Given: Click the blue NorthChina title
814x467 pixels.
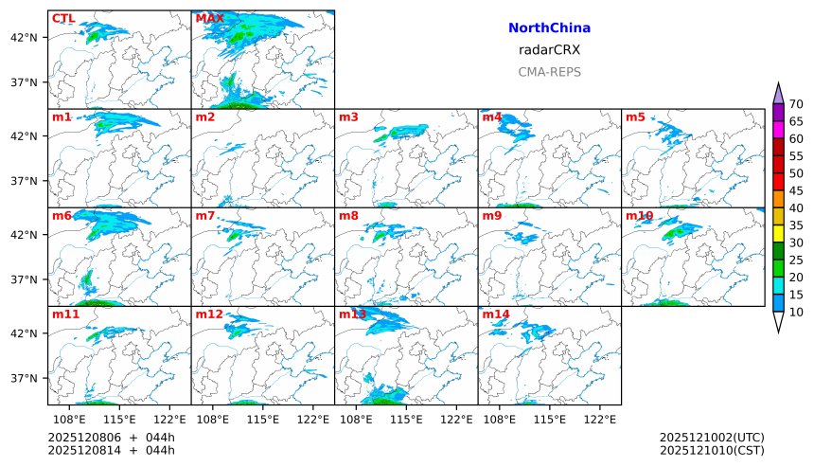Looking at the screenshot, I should (549, 28).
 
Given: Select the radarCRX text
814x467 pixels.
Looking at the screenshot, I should (549, 50).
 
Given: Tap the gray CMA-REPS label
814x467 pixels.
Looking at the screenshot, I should (549, 72).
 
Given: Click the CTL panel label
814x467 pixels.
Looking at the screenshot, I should (63, 18).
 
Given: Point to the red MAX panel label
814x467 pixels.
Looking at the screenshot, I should (209, 18).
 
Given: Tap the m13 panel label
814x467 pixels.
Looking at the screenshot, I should (352, 314).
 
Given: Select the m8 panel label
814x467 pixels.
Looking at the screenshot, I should (348, 216).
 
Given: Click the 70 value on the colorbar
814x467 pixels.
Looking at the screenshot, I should (796, 104).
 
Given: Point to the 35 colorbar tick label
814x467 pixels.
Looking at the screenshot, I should (796, 225).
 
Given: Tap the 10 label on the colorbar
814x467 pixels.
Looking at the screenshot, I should (796, 312).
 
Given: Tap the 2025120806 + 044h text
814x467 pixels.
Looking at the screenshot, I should (112, 437).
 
